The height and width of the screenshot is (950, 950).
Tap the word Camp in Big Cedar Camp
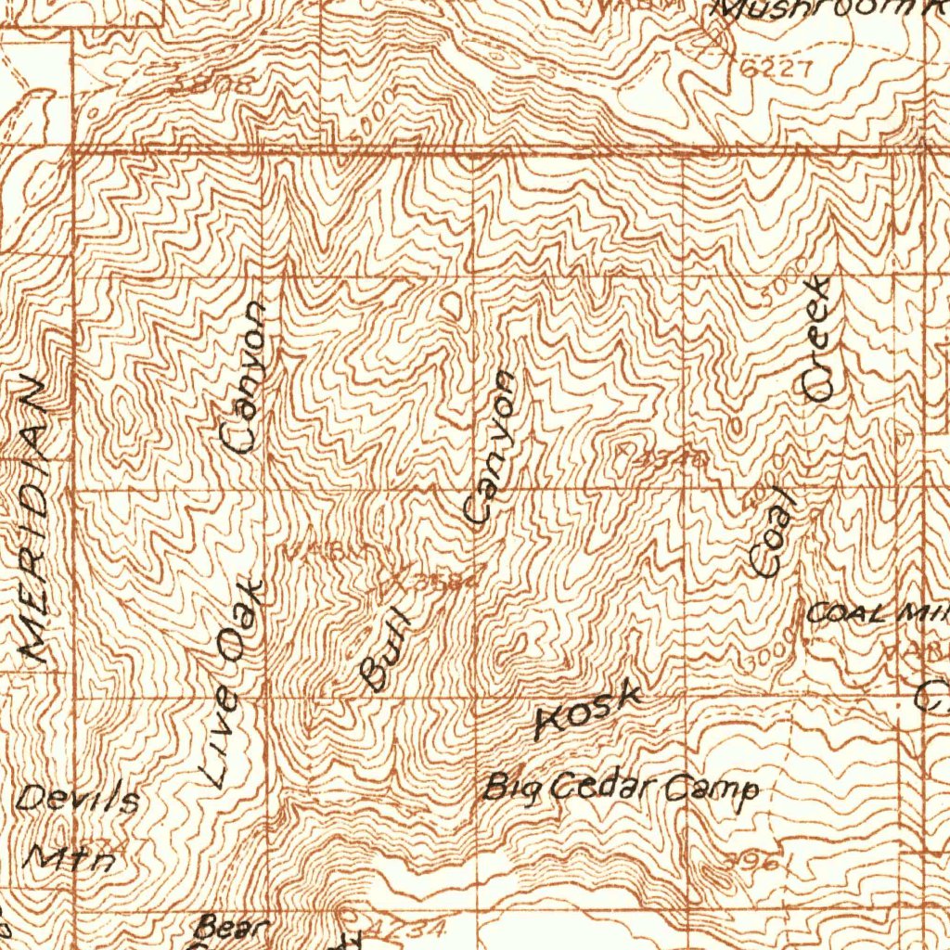713,790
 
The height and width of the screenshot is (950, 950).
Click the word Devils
80,799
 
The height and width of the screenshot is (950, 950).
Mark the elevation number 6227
777,69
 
